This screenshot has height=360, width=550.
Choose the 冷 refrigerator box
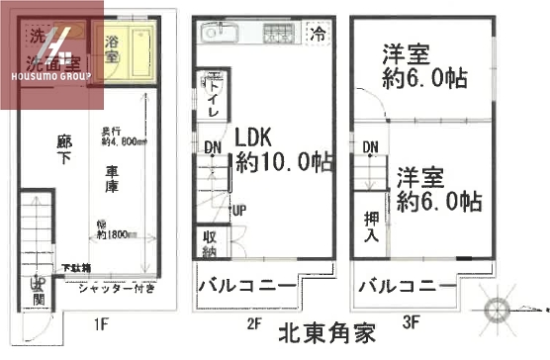(318, 34)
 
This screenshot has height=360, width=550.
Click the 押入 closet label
(369, 227)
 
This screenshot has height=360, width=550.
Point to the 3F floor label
(411, 322)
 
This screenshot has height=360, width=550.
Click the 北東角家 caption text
(326, 334)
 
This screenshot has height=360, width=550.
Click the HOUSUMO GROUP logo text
(46, 74)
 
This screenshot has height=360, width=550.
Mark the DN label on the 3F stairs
(370, 148)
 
